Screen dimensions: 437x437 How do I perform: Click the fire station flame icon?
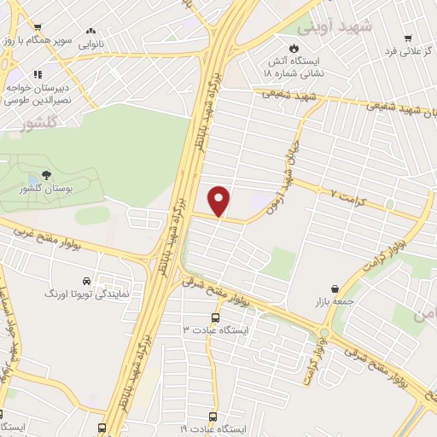pyautogui.click(x=296, y=48)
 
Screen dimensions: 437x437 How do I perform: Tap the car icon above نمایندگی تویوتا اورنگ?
pyautogui.click(x=86, y=280)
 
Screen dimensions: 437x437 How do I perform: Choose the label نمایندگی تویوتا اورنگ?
pyautogui.click(x=85, y=293)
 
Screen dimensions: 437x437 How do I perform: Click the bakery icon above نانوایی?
pyautogui.click(x=91, y=30)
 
